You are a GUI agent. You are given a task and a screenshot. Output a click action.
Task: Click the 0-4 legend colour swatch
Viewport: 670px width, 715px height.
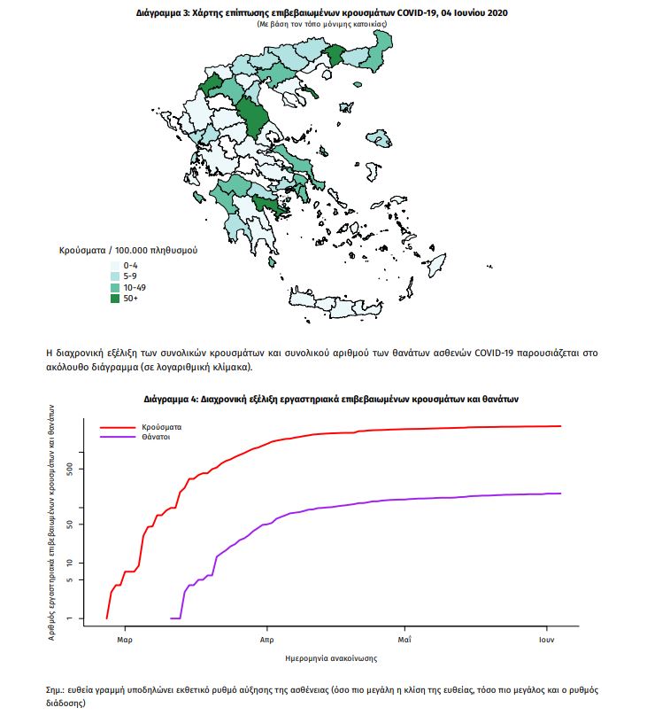115,266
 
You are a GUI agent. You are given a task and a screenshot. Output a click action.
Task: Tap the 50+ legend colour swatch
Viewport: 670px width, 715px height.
115,299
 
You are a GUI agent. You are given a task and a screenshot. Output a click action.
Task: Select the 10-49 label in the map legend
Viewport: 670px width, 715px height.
135,287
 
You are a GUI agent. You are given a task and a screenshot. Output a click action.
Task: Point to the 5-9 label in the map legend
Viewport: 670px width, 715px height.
130,276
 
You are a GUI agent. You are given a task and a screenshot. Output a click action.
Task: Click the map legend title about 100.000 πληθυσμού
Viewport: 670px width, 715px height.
128,251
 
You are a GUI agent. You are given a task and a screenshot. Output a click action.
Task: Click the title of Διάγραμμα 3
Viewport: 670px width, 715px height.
322,12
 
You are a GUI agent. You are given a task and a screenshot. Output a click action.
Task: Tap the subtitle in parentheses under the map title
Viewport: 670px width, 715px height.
322,24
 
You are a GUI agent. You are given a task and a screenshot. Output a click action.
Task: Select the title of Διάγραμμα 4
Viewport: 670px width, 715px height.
331,399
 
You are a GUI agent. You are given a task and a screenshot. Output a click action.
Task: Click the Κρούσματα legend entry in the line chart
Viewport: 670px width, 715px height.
161,427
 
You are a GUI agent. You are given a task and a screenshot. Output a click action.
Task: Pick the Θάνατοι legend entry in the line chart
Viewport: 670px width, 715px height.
156,437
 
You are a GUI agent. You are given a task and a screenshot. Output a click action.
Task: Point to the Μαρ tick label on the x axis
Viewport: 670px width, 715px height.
125,640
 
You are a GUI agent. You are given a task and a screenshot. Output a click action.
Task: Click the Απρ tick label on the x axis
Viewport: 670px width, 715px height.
267,640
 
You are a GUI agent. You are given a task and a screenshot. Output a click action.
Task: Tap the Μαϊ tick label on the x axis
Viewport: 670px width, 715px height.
404,640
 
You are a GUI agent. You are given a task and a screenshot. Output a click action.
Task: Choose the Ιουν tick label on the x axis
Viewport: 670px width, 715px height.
547,640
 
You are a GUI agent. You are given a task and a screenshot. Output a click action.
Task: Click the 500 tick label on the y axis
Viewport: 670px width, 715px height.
70,469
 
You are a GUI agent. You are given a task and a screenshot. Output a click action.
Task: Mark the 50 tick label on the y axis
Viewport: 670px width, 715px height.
70,525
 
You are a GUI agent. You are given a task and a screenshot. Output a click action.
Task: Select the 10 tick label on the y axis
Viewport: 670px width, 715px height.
70,563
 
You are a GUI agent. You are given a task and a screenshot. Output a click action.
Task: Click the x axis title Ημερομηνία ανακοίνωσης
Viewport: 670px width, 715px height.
331,658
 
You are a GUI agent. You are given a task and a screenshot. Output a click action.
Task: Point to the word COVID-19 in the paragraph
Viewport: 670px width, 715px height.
494,353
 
